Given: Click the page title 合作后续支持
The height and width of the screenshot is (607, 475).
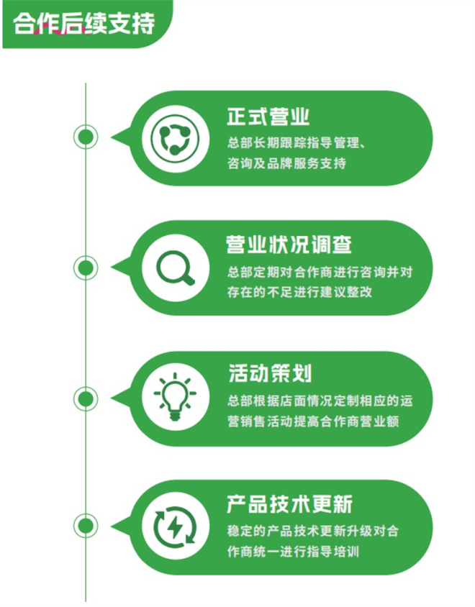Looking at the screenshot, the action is click(83, 23).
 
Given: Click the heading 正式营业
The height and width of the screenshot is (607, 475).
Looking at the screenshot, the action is click(268, 117).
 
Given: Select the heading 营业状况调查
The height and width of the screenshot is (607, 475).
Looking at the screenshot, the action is click(289, 245).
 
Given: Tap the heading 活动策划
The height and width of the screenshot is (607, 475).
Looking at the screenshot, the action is click(270, 373).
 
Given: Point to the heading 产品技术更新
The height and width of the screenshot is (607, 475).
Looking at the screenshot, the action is click(289, 504).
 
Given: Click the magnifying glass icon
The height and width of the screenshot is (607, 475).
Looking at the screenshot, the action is click(176, 268).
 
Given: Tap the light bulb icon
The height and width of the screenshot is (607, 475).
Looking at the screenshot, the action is click(175, 397).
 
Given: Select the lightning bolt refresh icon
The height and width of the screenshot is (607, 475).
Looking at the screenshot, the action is click(175, 527).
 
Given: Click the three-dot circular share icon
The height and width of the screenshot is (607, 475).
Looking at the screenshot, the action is click(175, 139).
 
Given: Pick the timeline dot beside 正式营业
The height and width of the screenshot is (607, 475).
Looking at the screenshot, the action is click(86, 137).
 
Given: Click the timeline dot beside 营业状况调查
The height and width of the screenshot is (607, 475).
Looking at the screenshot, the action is click(86, 268).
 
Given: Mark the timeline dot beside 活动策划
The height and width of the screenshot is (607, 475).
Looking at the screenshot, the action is click(86, 398).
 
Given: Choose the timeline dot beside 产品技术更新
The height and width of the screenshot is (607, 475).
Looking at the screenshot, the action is click(86, 526).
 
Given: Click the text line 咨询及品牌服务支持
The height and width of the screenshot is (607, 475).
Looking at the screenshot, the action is click(286, 163).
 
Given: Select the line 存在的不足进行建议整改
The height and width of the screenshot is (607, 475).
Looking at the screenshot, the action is click(300, 292).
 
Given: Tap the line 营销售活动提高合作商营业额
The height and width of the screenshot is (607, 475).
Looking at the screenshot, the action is click(313, 421).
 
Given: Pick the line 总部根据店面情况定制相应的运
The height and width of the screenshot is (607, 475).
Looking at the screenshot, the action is click(320, 401).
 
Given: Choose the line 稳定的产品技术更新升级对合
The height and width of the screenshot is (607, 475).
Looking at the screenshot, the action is click(313, 531).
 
